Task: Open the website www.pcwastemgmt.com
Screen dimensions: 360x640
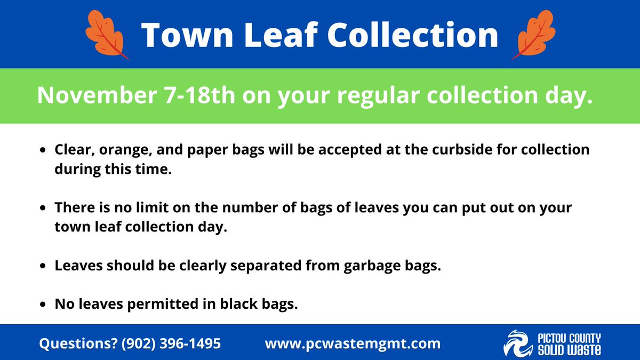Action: pyautogui.click(x=353, y=343)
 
